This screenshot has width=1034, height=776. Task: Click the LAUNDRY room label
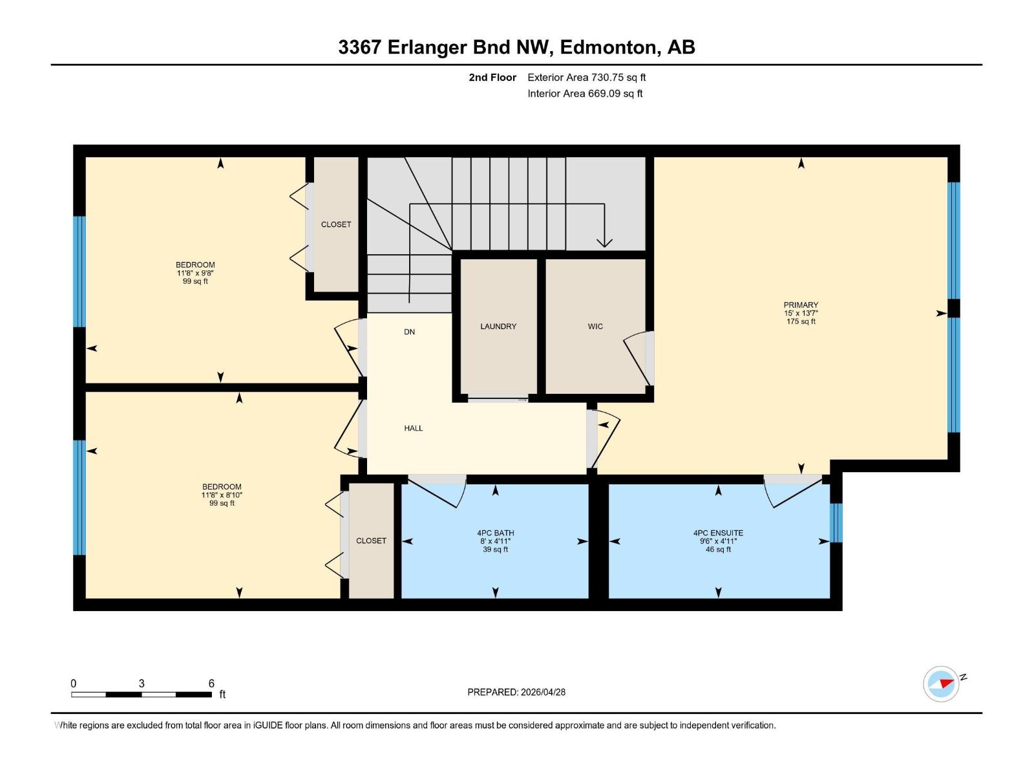498,327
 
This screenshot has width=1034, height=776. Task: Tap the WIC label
595,327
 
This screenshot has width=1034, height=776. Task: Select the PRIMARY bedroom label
801,305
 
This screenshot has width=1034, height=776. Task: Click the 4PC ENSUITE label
718,533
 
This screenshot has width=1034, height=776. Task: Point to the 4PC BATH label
496,533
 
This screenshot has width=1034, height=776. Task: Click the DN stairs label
409,332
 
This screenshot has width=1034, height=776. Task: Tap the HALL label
414,428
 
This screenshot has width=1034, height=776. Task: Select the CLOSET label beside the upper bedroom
336,224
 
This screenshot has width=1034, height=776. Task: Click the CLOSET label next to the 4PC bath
371,541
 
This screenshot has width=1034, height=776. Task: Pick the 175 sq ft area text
801,321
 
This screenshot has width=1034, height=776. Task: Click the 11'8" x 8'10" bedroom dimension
222,495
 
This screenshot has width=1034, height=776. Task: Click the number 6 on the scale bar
211,684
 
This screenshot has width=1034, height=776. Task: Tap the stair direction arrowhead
604,242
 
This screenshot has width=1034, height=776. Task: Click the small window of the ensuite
836,523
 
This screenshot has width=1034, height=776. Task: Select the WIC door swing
636,359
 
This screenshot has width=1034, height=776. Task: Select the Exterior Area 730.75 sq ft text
586,78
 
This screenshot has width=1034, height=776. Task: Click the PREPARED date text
516,692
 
